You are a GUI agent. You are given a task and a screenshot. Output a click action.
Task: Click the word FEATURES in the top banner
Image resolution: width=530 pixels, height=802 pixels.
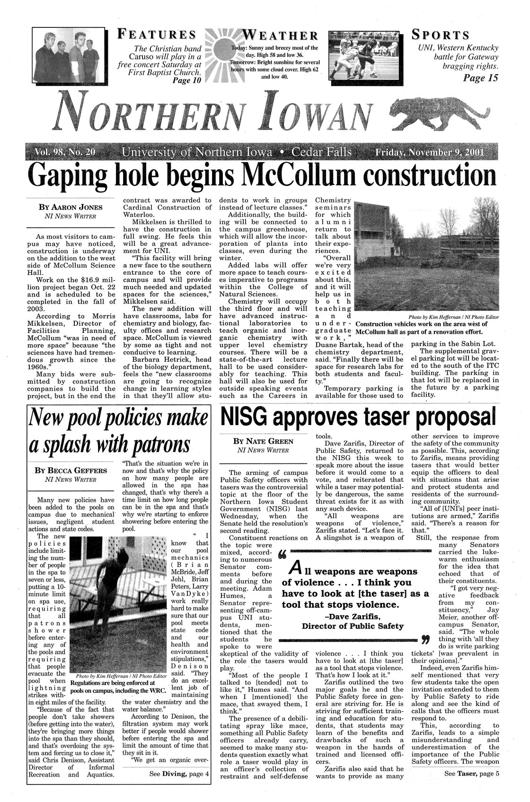point(157,35)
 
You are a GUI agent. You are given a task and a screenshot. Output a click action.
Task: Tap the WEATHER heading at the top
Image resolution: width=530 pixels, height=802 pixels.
point(279,35)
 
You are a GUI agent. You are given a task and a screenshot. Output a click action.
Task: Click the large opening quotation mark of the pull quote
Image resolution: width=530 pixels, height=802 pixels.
point(286,554)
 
